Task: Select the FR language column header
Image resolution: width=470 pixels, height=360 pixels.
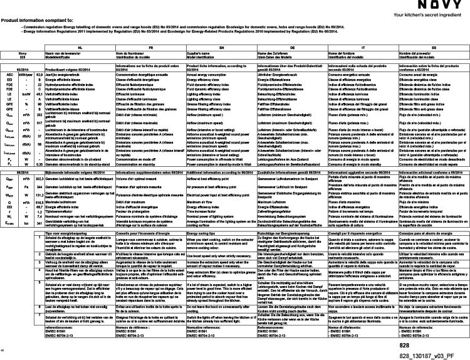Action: (150, 48)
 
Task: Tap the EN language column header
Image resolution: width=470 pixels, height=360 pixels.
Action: (222, 48)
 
